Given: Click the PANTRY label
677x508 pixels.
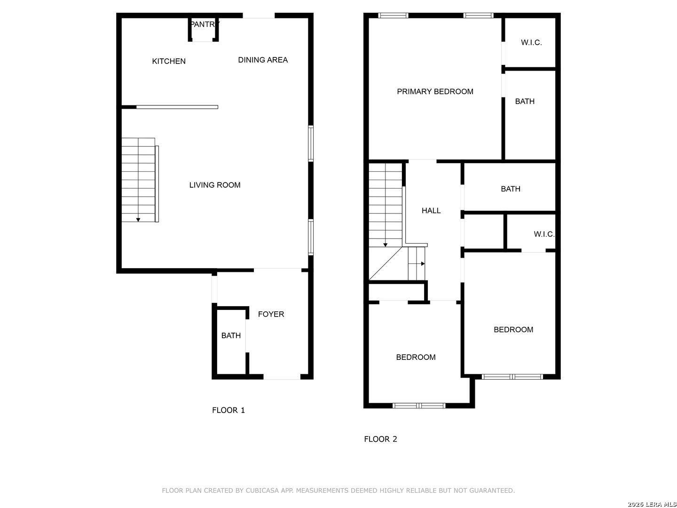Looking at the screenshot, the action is tap(205, 24).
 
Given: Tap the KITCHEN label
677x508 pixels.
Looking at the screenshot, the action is tap(169, 61).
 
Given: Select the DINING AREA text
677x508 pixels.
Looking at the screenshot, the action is tap(263, 60).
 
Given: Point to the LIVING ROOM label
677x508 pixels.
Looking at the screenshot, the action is tap(215, 185).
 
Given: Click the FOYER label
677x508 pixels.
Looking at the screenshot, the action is tap(271, 314).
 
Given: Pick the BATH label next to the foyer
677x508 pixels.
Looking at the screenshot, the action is tap(231, 335).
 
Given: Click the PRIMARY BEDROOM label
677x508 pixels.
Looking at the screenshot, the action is tap(435, 91).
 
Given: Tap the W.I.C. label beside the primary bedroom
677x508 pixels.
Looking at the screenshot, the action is tap(531, 42).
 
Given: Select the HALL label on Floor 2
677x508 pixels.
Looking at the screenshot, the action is tap(431, 210).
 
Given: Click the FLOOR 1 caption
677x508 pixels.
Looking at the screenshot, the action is tap(228, 410).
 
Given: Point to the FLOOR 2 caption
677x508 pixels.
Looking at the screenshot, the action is tap(380, 439).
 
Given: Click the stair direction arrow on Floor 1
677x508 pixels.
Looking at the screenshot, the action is tap(138, 220).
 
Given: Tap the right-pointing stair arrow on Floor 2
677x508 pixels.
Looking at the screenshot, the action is tap(423, 264).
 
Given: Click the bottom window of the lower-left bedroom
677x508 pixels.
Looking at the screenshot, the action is tap(419, 405).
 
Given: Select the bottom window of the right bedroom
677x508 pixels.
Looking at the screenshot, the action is tap(512, 377).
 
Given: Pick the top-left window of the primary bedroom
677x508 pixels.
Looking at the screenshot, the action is tap(393, 16).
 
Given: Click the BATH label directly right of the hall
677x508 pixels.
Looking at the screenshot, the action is tap(511, 189).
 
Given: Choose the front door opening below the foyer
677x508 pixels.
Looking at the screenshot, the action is tap(282, 377).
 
